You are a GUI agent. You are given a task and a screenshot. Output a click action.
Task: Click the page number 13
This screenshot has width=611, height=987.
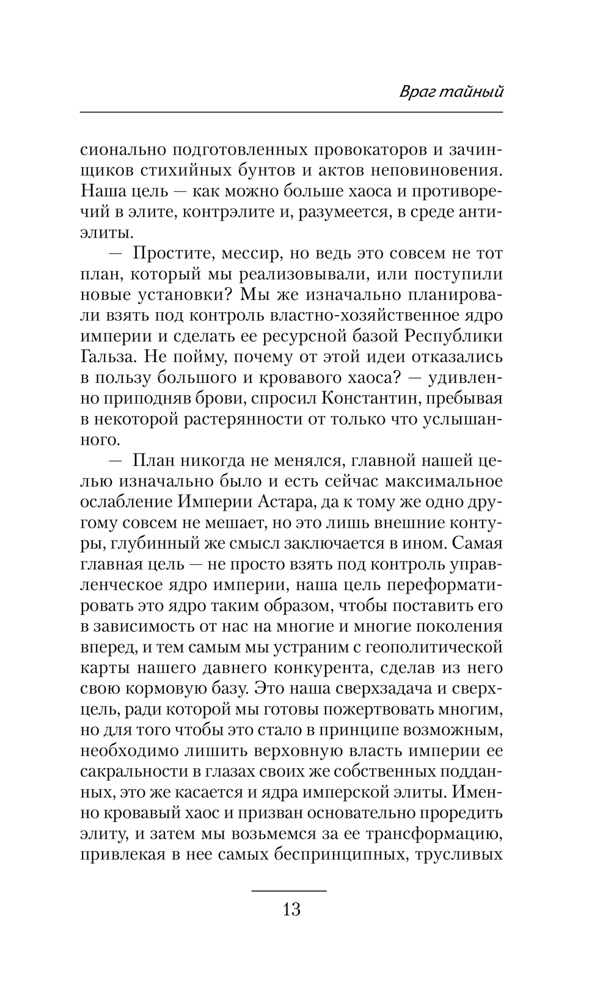[291, 909]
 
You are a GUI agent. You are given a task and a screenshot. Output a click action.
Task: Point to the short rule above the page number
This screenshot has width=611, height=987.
[289, 891]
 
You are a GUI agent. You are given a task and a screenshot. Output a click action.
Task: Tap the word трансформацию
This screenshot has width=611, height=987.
[426, 834]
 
